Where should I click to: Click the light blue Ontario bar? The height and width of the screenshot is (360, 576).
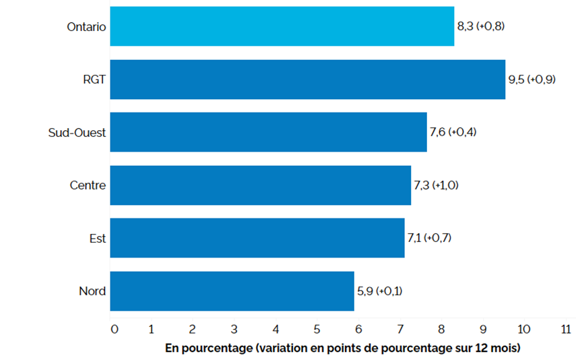pos(282,26)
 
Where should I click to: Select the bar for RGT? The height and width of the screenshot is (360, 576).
pos(307,80)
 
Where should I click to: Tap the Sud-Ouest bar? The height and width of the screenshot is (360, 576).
pos(268,132)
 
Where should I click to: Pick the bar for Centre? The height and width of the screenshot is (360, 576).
pos(260,185)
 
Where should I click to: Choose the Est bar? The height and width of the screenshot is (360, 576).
pos(257,238)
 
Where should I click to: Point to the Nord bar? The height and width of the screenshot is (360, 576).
pos(232,291)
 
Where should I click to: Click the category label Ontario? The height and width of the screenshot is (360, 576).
pos(86,27)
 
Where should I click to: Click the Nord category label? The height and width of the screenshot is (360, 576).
pos(93,291)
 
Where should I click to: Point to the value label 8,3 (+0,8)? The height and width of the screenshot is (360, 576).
pos(481,27)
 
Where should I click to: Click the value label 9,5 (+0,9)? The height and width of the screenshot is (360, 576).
pos(532,80)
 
